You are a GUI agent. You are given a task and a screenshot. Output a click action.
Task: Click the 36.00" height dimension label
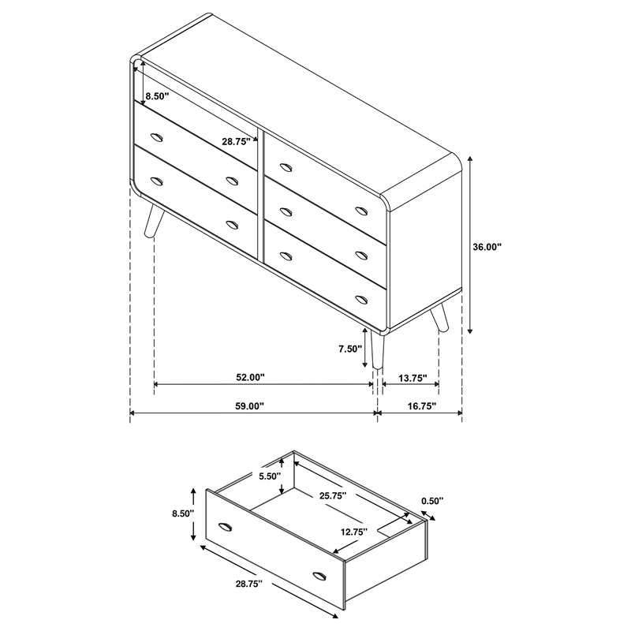click(487, 247)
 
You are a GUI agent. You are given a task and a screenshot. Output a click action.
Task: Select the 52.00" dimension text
click(250, 378)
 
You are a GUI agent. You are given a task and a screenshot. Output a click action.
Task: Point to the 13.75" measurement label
click(411, 378)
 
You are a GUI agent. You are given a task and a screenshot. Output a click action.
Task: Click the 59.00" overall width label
click(249, 406)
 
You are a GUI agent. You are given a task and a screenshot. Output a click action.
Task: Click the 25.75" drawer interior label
click(334, 496)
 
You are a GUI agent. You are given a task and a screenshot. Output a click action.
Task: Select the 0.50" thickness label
click(432, 500)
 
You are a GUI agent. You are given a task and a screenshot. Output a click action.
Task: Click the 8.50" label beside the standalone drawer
click(181, 513)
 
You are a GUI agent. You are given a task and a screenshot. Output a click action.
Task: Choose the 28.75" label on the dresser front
click(236, 142)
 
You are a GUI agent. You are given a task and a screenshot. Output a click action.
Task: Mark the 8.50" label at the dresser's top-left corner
click(156, 95)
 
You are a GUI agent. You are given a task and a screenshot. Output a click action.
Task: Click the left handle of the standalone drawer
click(226, 526)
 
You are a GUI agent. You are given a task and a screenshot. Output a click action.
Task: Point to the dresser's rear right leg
click(439, 317)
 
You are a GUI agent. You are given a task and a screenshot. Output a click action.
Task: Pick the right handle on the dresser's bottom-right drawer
click(362, 299)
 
